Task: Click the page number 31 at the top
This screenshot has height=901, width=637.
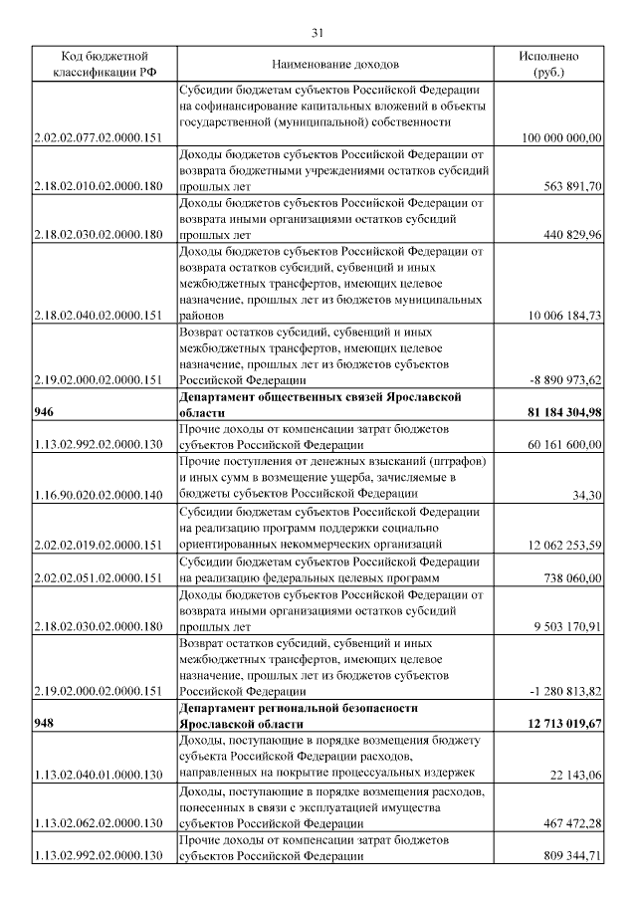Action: tap(318, 32)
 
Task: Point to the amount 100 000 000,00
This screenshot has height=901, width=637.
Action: tap(561, 137)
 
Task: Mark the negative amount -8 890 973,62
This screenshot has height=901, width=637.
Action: tap(565, 379)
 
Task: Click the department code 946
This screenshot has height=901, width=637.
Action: tap(44, 412)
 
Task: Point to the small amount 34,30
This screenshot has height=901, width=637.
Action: tap(587, 493)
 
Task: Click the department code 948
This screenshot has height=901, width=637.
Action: tap(44, 723)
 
